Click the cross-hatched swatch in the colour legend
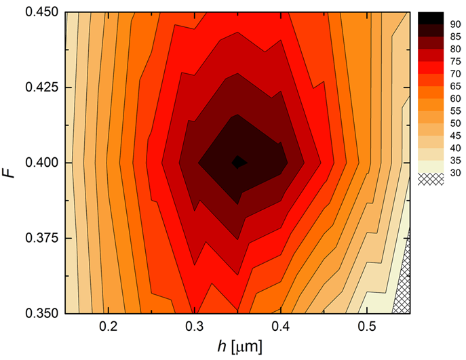click(431, 178)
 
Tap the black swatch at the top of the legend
click(431, 17)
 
